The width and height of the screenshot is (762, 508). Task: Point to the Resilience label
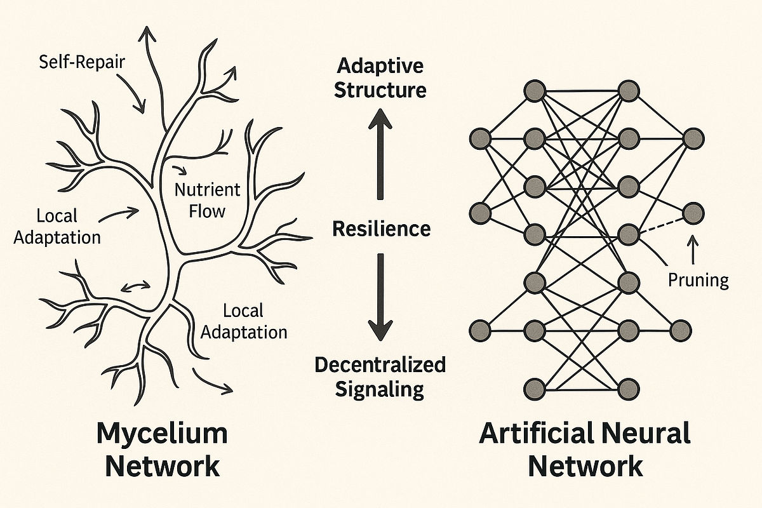click(381, 229)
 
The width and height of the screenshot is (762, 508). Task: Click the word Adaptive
click(380, 66)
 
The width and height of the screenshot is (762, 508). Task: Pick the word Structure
click(380, 90)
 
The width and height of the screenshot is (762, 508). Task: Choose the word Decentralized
click(380, 365)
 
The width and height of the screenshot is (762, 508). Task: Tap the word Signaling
click(380, 389)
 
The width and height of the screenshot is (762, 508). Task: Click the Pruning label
click(698, 280)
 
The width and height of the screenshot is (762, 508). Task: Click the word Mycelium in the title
click(162, 434)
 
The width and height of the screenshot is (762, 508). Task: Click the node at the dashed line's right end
click(693, 211)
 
